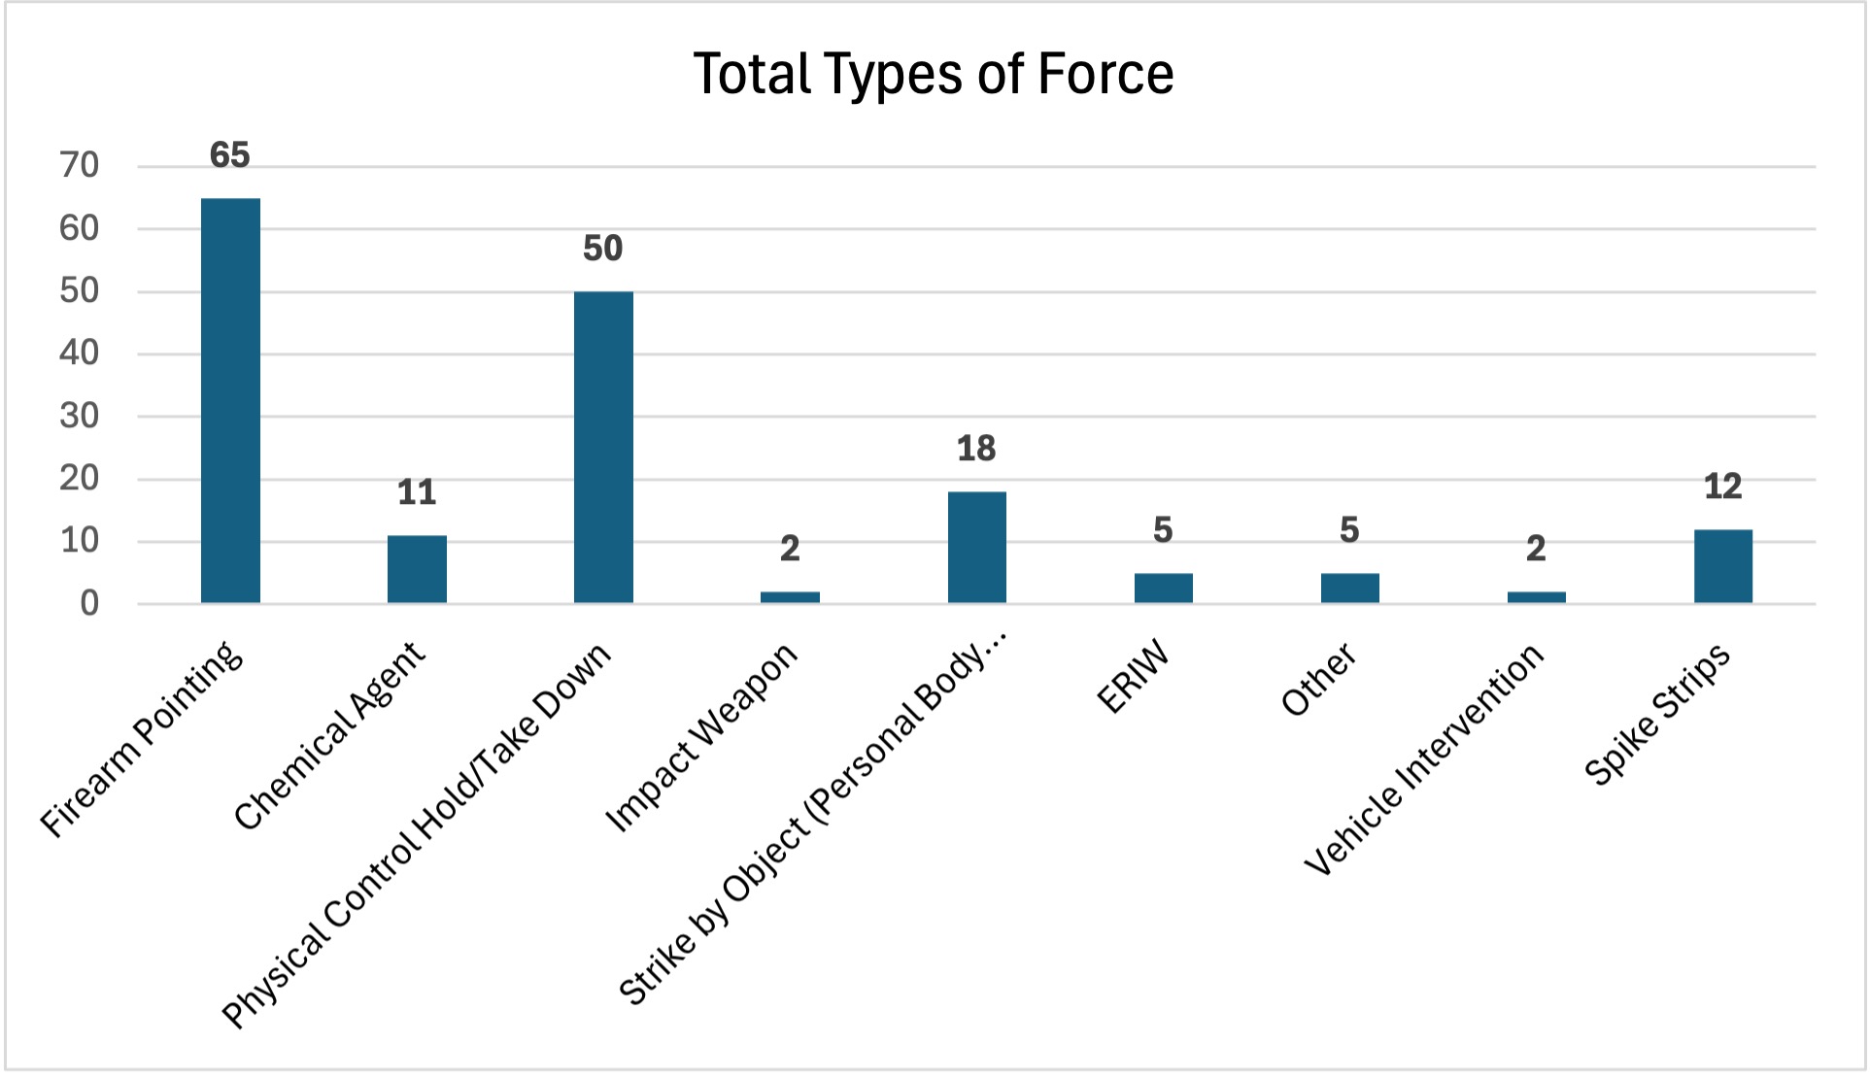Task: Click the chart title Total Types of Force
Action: pyautogui.click(x=934, y=74)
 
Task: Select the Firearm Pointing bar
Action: pyautogui.click(x=230, y=400)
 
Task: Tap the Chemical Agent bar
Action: pyautogui.click(x=417, y=569)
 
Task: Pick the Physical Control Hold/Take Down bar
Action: pyautogui.click(x=603, y=447)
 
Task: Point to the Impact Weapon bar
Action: pyautogui.click(x=790, y=597)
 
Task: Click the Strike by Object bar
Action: pyautogui.click(x=976, y=547)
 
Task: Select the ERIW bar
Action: pyautogui.click(x=1163, y=588)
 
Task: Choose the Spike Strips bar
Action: pyautogui.click(x=1722, y=566)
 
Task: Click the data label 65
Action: pyautogui.click(x=230, y=155)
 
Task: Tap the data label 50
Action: pyautogui.click(x=603, y=249)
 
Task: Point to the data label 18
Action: pyautogui.click(x=976, y=449)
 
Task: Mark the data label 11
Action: pyautogui.click(x=417, y=492)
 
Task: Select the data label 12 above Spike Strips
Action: pyautogui.click(x=1722, y=487)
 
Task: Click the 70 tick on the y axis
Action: pyautogui.click(x=80, y=166)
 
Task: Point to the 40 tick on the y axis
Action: pyautogui.click(x=80, y=353)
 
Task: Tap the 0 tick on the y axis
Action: pyautogui.click(x=89, y=604)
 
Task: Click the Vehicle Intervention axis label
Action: pyautogui.click(x=1424, y=759)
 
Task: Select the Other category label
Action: pyautogui.click(x=1318, y=679)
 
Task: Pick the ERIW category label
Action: pyautogui.click(x=1133, y=678)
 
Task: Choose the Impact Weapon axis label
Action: pyautogui.click(x=701, y=738)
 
